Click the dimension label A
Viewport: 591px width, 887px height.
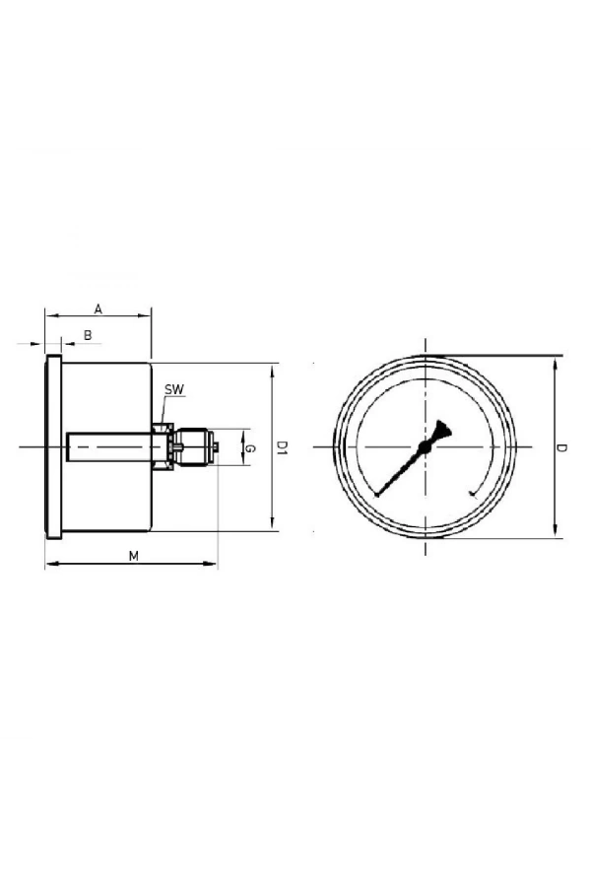[x=98, y=307]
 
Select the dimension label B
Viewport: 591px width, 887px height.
[x=88, y=335]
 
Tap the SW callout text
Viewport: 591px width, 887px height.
[x=174, y=390]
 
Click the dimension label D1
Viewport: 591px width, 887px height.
[x=281, y=447]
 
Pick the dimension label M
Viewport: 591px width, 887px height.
[x=133, y=556]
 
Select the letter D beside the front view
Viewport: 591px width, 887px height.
[x=561, y=447]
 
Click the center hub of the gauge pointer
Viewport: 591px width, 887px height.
[x=425, y=448]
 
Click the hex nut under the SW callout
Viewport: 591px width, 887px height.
[x=162, y=447]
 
